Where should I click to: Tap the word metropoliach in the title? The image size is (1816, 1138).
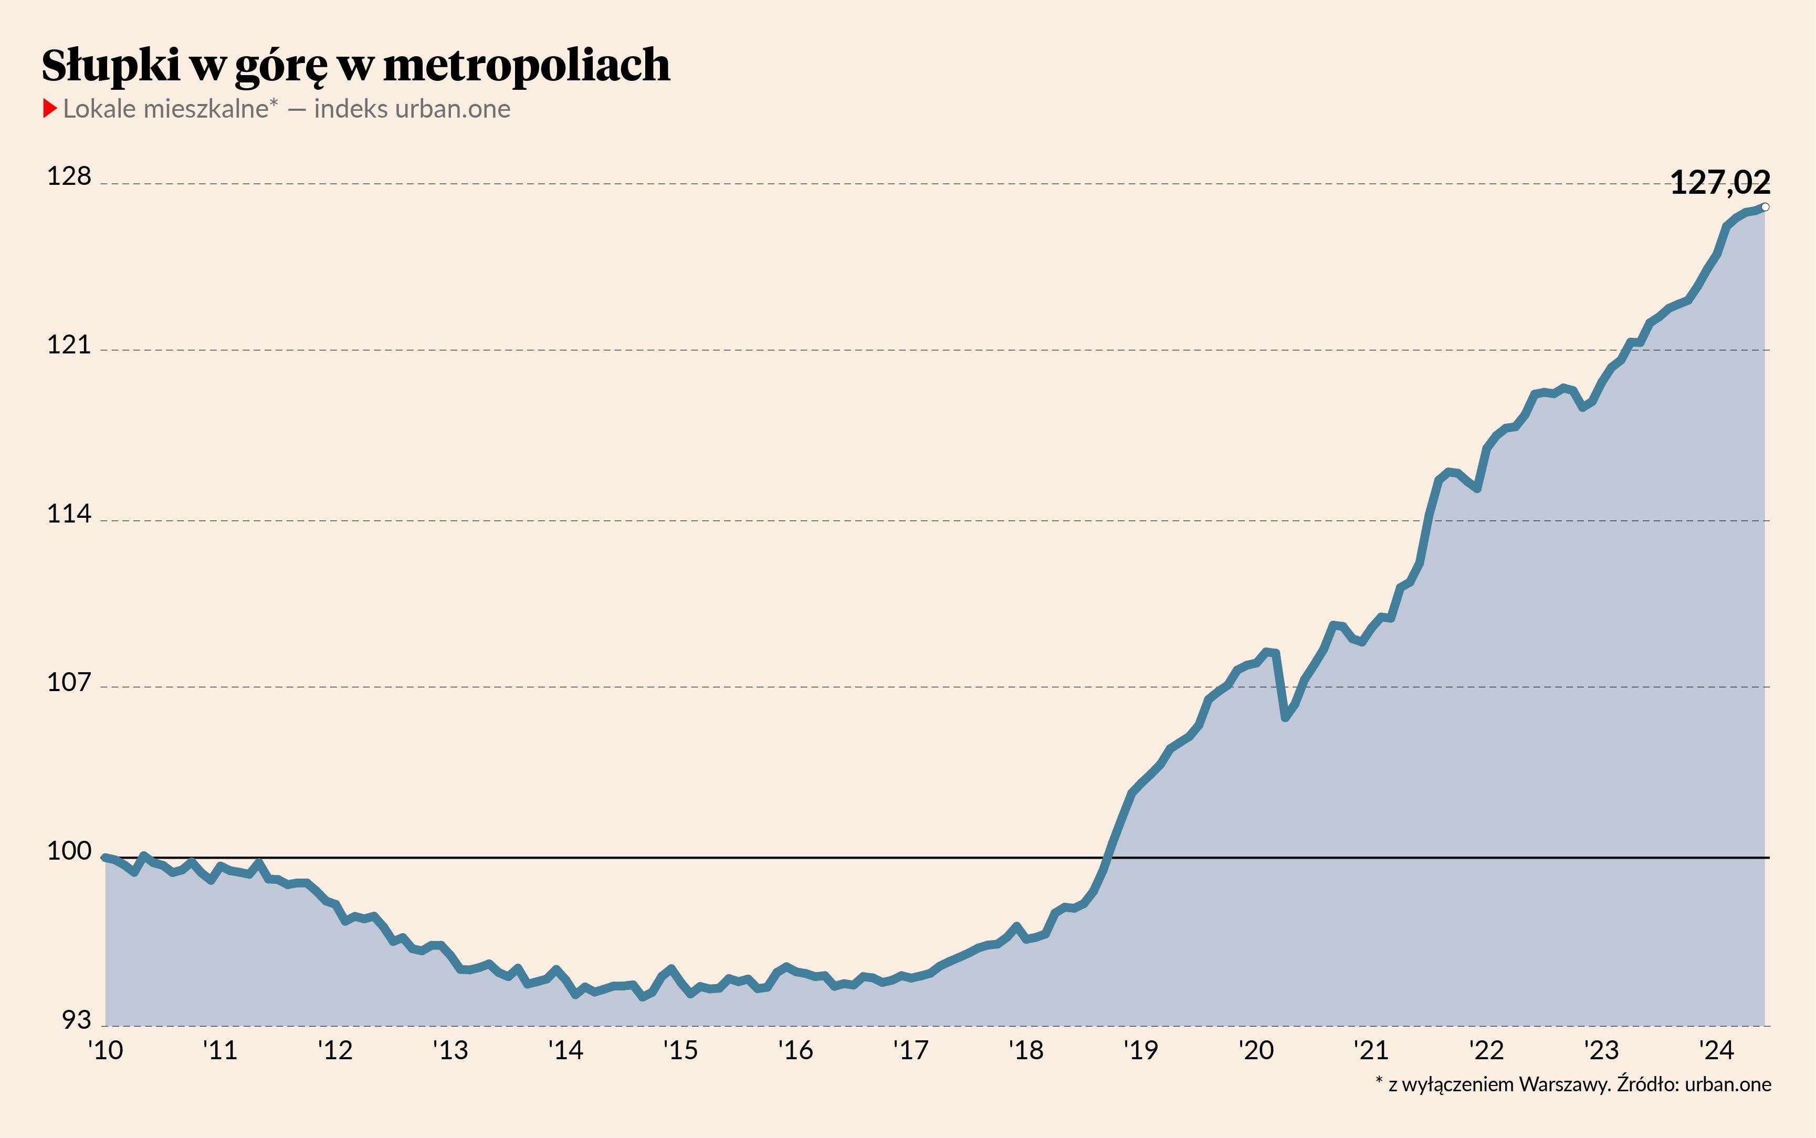[527, 66]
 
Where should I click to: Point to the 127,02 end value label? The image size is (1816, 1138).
[1720, 183]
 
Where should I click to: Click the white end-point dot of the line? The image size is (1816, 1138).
[1766, 207]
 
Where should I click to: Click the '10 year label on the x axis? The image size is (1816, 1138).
[106, 1050]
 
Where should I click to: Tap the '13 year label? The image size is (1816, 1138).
[450, 1050]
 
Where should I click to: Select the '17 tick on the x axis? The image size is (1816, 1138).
[911, 1050]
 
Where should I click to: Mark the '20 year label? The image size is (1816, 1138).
[1256, 1050]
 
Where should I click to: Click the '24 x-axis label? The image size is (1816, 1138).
[1717, 1050]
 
